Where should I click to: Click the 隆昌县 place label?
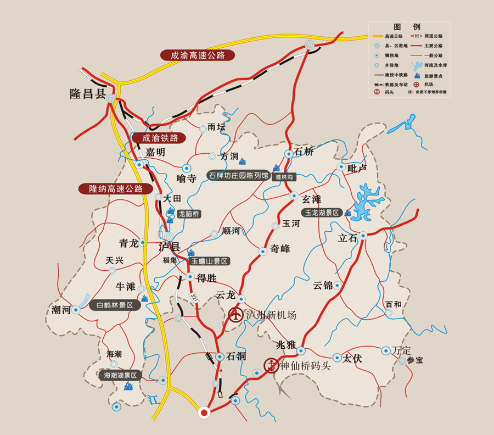click(87, 93)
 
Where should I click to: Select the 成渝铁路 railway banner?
click(160, 138)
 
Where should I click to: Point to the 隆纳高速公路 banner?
click(115, 188)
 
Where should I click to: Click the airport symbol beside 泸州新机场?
click(235, 315)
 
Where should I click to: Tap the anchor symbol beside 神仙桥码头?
click(271, 365)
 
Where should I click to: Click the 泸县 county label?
click(169, 246)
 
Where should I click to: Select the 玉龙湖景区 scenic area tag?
click(322, 213)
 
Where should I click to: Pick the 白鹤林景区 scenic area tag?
click(115, 305)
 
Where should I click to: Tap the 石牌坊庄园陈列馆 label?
click(238, 176)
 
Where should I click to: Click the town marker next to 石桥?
click(289, 154)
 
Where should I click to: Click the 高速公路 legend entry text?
click(393, 36)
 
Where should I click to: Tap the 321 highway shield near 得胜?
click(193, 297)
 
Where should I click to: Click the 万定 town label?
click(402, 350)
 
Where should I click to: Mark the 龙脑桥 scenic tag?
click(189, 214)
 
